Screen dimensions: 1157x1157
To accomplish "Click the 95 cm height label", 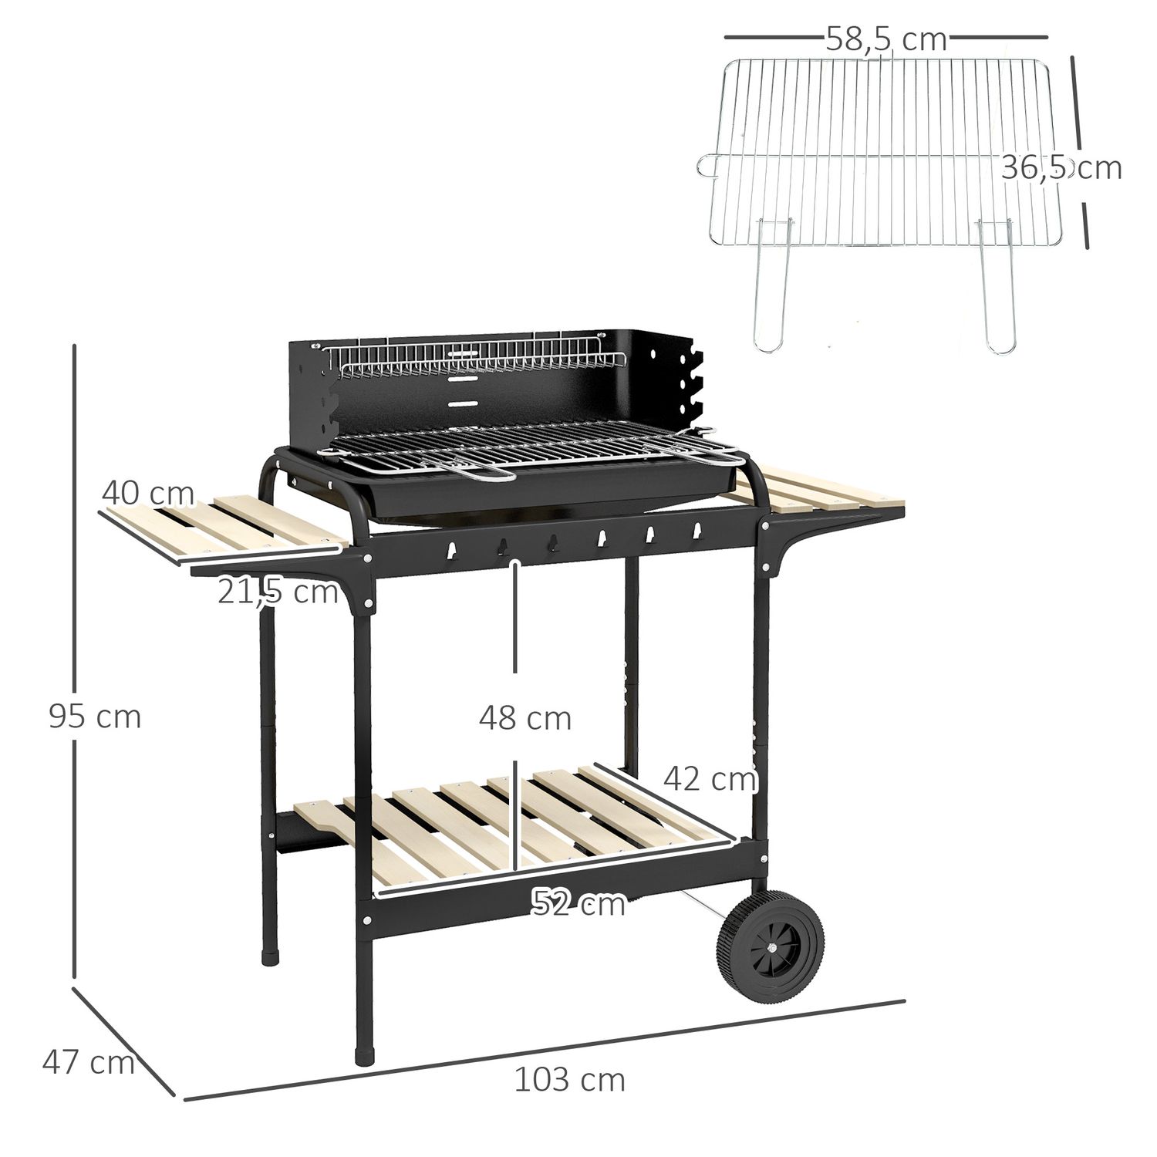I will click(95, 717).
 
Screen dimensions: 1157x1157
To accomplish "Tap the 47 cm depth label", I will click(88, 1062).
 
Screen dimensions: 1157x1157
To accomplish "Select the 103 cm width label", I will click(569, 1080).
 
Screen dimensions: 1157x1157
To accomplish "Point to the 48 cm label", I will click(525, 719).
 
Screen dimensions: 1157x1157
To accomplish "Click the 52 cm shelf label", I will click(578, 903).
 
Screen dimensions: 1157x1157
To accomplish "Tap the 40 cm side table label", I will click(147, 491).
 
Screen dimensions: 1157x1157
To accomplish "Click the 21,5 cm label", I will click(278, 592).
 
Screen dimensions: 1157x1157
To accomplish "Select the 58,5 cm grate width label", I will click(885, 39).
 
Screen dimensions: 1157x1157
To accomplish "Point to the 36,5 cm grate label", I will click(1061, 167).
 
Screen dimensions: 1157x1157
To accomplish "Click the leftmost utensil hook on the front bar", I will click(452, 549).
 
